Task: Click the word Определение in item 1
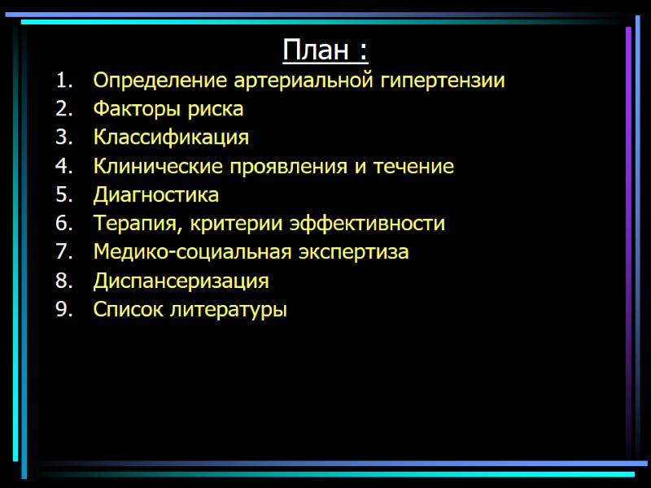pyautogui.click(x=160, y=81)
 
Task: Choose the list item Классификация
pyautogui.click(x=171, y=137)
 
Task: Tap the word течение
pyautogui.click(x=413, y=167)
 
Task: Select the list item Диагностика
pyautogui.click(x=156, y=195)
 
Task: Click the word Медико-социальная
pyautogui.click(x=192, y=252)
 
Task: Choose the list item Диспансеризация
pyautogui.click(x=181, y=281)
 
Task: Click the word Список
pyautogui.click(x=127, y=310)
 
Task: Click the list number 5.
pyautogui.click(x=64, y=195)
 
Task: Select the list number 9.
pyautogui.click(x=64, y=310)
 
